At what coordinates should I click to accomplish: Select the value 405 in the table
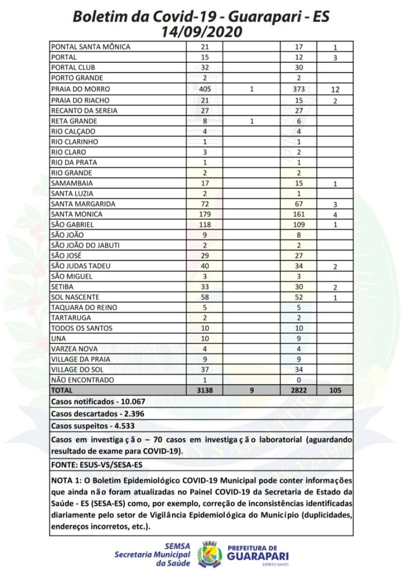tap(205, 89)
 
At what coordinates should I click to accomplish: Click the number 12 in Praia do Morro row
tap(334, 90)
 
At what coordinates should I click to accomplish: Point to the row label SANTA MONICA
tap(77, 214)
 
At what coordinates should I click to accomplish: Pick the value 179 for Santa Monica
tap(205, 214)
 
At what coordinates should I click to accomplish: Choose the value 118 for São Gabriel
tap(205, 225)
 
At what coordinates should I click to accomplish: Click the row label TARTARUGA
tap(71, 318)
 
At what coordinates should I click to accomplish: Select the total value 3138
tap(205, 390)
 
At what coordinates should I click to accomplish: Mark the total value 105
tap(334, 390)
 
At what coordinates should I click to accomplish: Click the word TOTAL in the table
tap(62, 390)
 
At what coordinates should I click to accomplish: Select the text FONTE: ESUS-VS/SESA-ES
tap(96, 465)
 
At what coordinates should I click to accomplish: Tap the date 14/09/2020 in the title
tap(201, 31)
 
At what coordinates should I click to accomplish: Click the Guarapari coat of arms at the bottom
tap(210, 554)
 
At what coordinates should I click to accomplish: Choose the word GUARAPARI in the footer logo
tap(258, 556)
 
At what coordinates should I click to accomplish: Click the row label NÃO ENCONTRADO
tap(82, 380)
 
